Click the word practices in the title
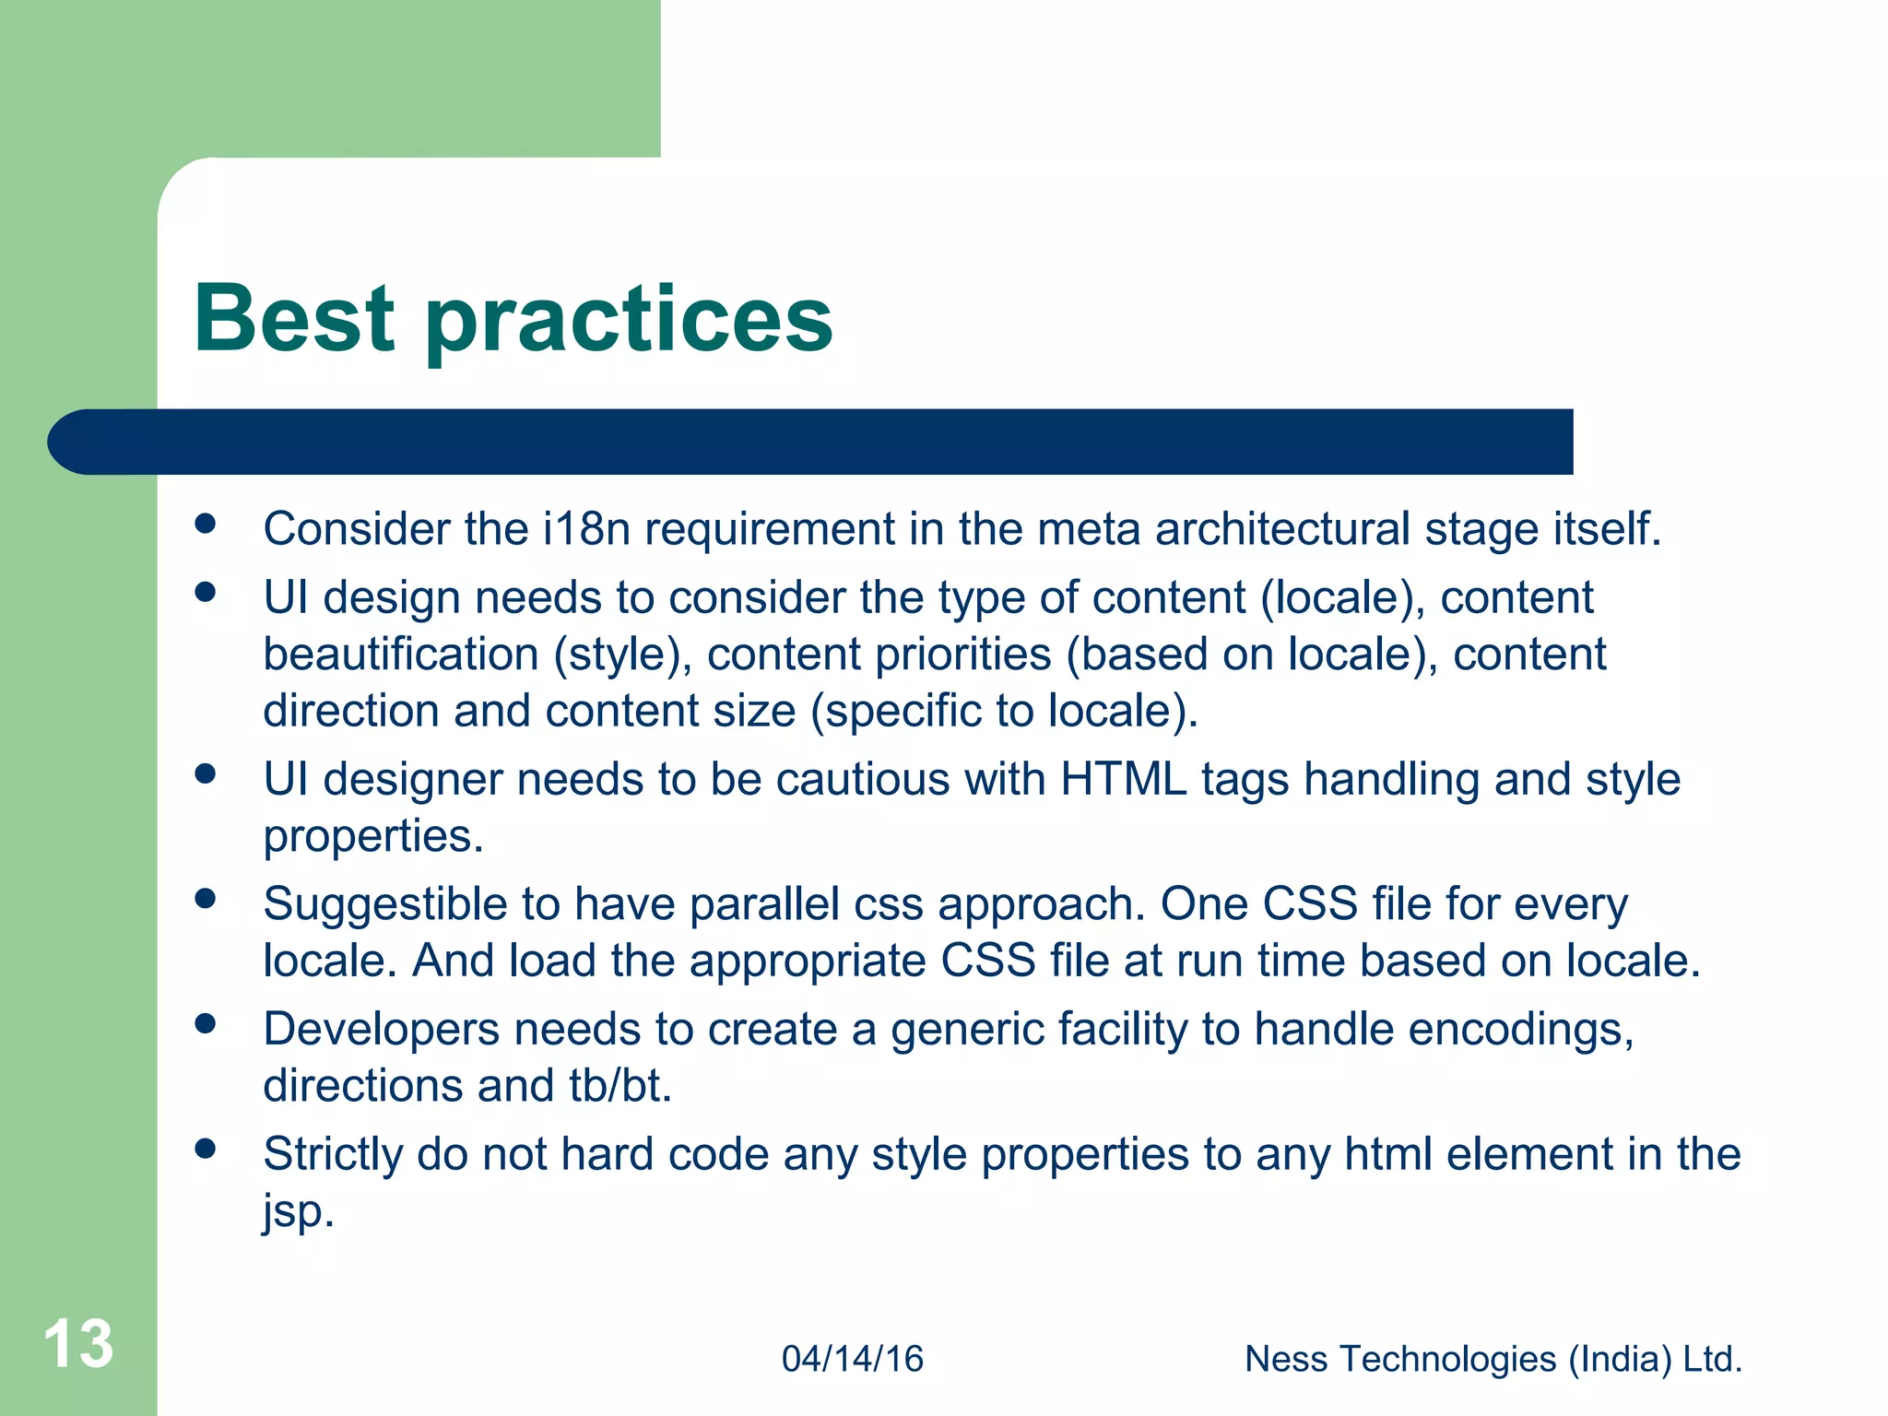pyautogui.click(x=629, y=323)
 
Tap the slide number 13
pyautogui.click(x=78, y=1343)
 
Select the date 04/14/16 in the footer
pyautogui.click(x=852, y=1359)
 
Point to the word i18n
pyautogui.click(x=585, y=529)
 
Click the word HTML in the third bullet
pyautogui.click(x=1123, y=779)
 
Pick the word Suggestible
pyautogui.click(x=384, y=904)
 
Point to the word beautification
pyautogui.click(x=401, y=655)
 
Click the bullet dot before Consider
pyautogui.click(x=206, y=525)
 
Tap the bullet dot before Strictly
pyautogui.click(x=206, y=1149)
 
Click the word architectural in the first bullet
pyautogui.click(x=1282, y=529)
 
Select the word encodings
pyautogui.click(x=1520, y=1029)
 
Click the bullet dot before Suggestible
pyautogui.click(x=206, y=899)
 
